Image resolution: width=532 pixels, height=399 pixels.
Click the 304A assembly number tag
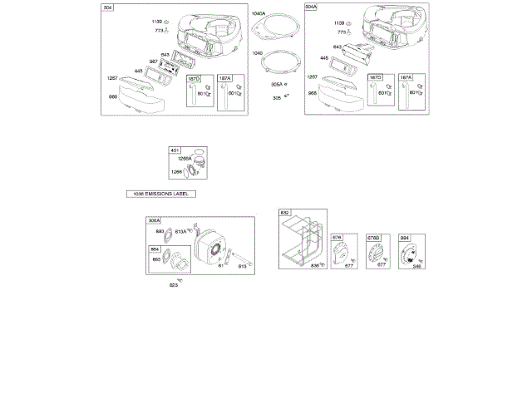point(312,7)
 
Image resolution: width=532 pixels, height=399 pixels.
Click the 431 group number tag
point(175,150)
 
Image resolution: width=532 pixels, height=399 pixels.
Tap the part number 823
point(174,285)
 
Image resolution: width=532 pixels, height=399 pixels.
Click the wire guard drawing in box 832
point(302,240)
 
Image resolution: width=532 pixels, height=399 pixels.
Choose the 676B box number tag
point(373,239)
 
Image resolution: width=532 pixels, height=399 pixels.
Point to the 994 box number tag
point(405,239)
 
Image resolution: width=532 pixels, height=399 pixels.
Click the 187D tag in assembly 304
point(193,78)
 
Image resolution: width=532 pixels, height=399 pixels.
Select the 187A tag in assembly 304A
point(406,77)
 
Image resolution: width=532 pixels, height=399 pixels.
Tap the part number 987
point(154,62)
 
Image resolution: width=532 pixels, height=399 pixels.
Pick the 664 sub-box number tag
point(155,249)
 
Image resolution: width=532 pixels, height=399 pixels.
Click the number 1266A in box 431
point(185,158)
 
